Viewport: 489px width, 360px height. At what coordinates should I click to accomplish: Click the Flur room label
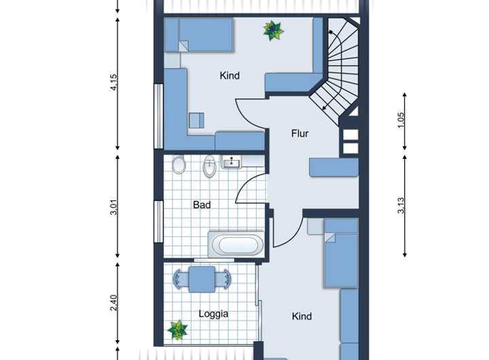(x=300, y=134)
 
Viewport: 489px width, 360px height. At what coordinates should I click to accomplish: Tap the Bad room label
(x=202, y=205)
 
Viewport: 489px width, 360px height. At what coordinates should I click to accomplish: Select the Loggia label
(x=213, y=314)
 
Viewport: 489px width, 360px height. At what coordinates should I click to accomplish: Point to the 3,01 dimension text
(x=114, y=207)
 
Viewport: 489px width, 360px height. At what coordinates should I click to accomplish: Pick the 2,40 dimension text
(x=114, y=303)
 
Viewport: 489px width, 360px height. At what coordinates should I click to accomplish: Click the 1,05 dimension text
(x=401, y=120)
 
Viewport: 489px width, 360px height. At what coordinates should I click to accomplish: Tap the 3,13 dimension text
(x=401, y=205)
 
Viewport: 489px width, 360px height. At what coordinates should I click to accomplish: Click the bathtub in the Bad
(x=236, y=245)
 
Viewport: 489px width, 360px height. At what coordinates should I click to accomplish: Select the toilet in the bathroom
(x=179, y=164)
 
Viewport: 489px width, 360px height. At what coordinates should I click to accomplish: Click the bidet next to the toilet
(x=210, y=166)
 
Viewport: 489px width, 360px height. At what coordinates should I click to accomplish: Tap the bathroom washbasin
(x=232, y=162)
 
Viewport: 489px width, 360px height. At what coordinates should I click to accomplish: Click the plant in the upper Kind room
(x=273, y=31)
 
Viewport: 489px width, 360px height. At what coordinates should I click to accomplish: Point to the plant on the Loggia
(x=177, y=330)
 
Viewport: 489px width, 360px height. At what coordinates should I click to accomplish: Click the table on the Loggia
(x=202, y=279)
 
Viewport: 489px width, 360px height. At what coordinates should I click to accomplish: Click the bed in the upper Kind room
(x=198, y=35)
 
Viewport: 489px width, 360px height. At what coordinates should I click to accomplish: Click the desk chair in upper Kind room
(x=196, y=120)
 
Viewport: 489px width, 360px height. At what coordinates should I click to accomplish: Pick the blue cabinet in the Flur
(x=333, y=167)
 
